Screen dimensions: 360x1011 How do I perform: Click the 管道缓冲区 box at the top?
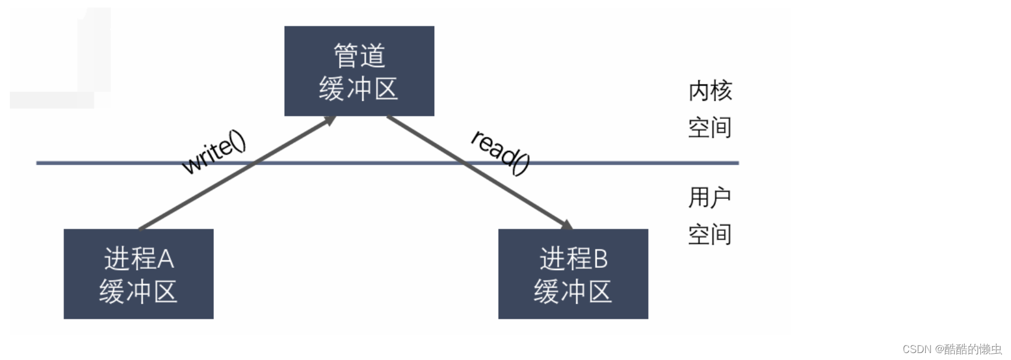(x=359, y=71)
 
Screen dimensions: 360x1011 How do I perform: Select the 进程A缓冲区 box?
(x=139, y=274)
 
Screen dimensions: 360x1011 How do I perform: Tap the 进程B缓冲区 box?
(x=573, y=274)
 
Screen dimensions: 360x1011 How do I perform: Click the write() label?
(x=213, y=152)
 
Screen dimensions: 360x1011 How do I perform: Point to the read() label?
(x=500, y=152)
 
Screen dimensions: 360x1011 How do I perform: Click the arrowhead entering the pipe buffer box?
(x=330, y=120)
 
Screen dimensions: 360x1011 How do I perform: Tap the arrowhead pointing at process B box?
(x=566, y=224)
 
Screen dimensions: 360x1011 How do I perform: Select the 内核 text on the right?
(x=710, y=91)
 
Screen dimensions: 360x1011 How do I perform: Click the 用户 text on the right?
(x=710, y=198)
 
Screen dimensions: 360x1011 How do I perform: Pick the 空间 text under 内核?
(x=710, y=128)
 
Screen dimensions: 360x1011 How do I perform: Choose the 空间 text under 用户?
(x=710, y=234)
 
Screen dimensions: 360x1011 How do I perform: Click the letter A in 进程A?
(x=166, y=259)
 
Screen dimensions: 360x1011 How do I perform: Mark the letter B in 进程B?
(x=601, y=259)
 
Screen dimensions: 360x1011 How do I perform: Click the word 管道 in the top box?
(x=359, y=56)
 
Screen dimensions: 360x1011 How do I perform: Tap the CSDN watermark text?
(x=917, y=349)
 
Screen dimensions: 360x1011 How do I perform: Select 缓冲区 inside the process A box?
(x=138, y=291)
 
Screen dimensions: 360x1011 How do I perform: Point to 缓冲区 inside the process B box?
(x=573, y=291)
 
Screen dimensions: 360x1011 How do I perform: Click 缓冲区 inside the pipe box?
(x=358, y=89)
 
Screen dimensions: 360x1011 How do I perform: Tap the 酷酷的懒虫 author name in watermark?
(x=973, y=349)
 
